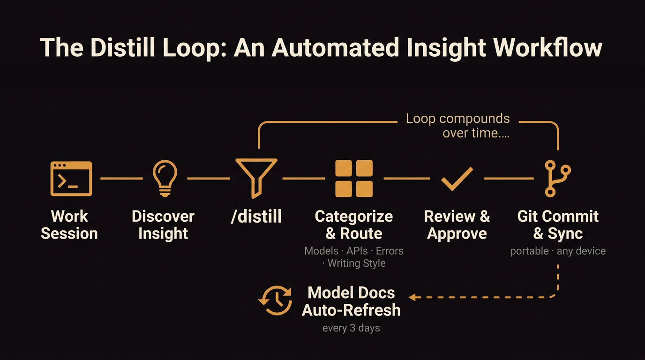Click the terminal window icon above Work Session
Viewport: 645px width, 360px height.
[71, 179]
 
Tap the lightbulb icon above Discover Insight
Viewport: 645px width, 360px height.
[165, 179]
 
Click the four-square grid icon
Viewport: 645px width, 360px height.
[354, 179]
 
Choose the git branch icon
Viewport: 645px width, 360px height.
[557, 179]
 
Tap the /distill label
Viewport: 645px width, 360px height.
[256, 217]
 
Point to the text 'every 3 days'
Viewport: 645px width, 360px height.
[351, 328]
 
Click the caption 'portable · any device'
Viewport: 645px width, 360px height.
[558, 251]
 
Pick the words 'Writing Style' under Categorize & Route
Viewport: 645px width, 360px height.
[356, 263]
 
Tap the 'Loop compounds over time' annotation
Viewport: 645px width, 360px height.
[457, 126]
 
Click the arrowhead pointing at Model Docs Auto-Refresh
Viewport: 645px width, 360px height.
[412, 297]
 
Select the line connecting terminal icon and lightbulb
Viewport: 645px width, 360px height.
[122, 179]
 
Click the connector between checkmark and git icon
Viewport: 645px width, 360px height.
[509, 179]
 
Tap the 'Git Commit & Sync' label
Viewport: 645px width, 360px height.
[558, 225]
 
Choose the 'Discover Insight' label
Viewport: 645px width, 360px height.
[163, 225]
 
